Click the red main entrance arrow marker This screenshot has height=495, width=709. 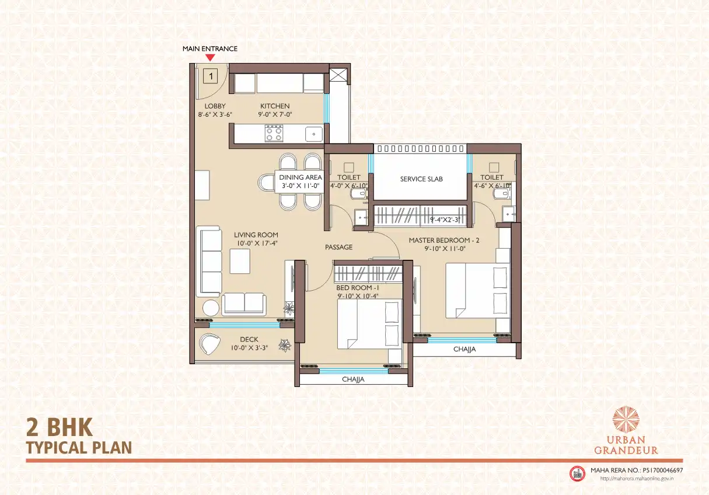pyautogui.click(x=210, y=57)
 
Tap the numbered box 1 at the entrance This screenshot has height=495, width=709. pyautogui.click(x=211, y=76)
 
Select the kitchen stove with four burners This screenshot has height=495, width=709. pyautogui.click(x=274, y=133)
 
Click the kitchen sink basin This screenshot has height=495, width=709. pyautogui.click(x=314, y=134)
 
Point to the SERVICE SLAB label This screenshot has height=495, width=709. pyautogui.click(x=421, y=179)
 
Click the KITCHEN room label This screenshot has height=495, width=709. pyautogui.click(x=275, y=106)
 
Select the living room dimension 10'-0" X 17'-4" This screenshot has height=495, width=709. pyautogui.click(x=257, y=243)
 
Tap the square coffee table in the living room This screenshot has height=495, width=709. pyautogui.click(x=240, y=262)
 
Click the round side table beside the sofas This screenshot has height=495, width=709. pyautogui.click(x=211, y=308)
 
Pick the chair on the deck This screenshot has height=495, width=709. pyautogui.click(x=209, y=344)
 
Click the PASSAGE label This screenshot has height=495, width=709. pyautogui.click(x=338, y=247)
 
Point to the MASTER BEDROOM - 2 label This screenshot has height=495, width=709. pyautogui.click(x=444, y=240)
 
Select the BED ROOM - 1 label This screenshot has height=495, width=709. pyautogui.click(x=358, y=288)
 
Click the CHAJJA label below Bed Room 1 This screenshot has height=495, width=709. pyautogui.click(x=353, y=379)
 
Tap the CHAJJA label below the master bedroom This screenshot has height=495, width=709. pyautogui.click(x=464, y=349)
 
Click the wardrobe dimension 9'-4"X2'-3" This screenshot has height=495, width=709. pyautogui.click(x=445, y=220)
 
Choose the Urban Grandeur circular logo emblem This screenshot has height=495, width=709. pyautogui.click(x=626, y=420)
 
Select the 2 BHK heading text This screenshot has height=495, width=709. pyautogui.click(x=60, y=427)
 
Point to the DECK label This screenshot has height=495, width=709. pyautogui.click(x=249, y=340)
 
